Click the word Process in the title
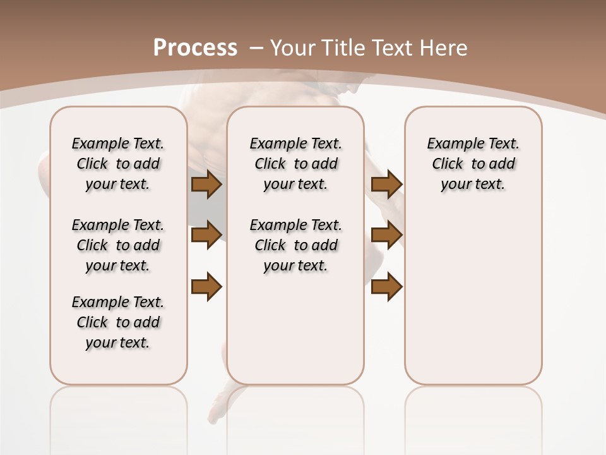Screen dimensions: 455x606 coord(195,47)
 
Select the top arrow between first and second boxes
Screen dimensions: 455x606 coord(206,185)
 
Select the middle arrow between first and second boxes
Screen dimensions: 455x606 coord(206,235)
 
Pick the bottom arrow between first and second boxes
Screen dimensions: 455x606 coord(206,287)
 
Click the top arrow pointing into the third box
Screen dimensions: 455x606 coord(386,185)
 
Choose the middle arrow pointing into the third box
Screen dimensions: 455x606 coord(386,235)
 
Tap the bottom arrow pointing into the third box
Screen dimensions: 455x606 coord(386,287)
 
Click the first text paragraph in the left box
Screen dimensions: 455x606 coord(118,164)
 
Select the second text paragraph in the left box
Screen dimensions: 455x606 coord(118,245)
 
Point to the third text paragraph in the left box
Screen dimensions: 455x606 coord(118,322)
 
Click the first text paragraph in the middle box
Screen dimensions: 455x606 coord(295,164)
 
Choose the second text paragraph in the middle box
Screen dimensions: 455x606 coord(295,245)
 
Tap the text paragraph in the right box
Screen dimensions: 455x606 coord(473,164)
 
